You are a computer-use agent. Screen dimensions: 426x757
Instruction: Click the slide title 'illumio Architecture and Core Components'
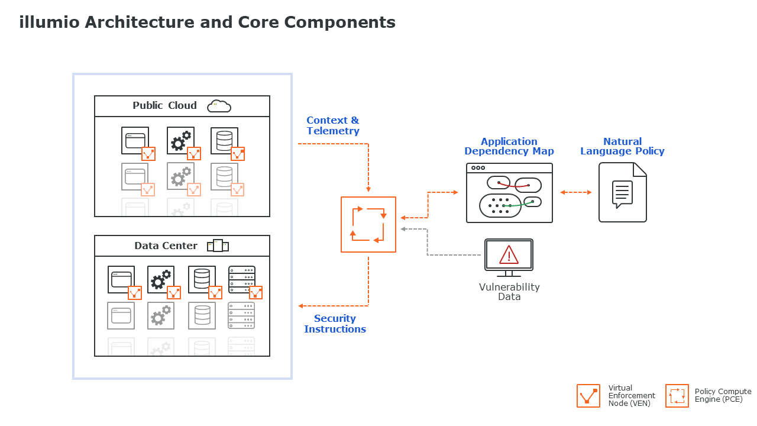click(x=207, y=22)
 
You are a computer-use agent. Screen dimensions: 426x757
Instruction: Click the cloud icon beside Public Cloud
click(x=219, y=106)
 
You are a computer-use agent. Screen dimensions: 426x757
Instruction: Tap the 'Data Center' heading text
click(x=166, y=246)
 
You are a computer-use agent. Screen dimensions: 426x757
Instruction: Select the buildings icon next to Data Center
click(x=218, y=246)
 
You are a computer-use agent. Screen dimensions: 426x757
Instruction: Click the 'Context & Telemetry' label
click(x=333, y=125)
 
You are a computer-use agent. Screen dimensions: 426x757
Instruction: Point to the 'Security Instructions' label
click(x=335, y=324)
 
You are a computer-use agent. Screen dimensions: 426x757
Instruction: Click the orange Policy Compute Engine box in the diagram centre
click(x=368, y=225)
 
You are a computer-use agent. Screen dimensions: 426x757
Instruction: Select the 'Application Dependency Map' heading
click(x=509, y=146)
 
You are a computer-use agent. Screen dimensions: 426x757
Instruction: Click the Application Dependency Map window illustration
click(x=509, y=193)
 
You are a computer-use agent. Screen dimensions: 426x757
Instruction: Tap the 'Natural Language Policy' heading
click(x=622, y=146)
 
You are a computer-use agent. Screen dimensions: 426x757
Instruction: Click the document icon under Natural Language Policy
click(x=622, y=192)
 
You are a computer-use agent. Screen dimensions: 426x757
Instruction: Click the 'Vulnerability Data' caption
click(x=509, y=292)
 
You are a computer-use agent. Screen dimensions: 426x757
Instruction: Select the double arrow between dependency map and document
click(x=575, y=192)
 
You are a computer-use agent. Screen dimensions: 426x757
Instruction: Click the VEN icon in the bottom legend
click(x=588, y=396)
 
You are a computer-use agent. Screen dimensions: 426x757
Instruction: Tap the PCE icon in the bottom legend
click(x=677, y=396)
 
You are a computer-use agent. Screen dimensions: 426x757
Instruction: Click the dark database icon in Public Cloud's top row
click(x=224, y=141)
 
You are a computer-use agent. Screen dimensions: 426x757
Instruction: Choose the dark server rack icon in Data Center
click(x=241, y=279)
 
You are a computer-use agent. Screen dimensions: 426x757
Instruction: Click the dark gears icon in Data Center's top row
click(x=161, y=279)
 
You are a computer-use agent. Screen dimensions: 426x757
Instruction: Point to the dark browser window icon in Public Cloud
click(x=135, y=141)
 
